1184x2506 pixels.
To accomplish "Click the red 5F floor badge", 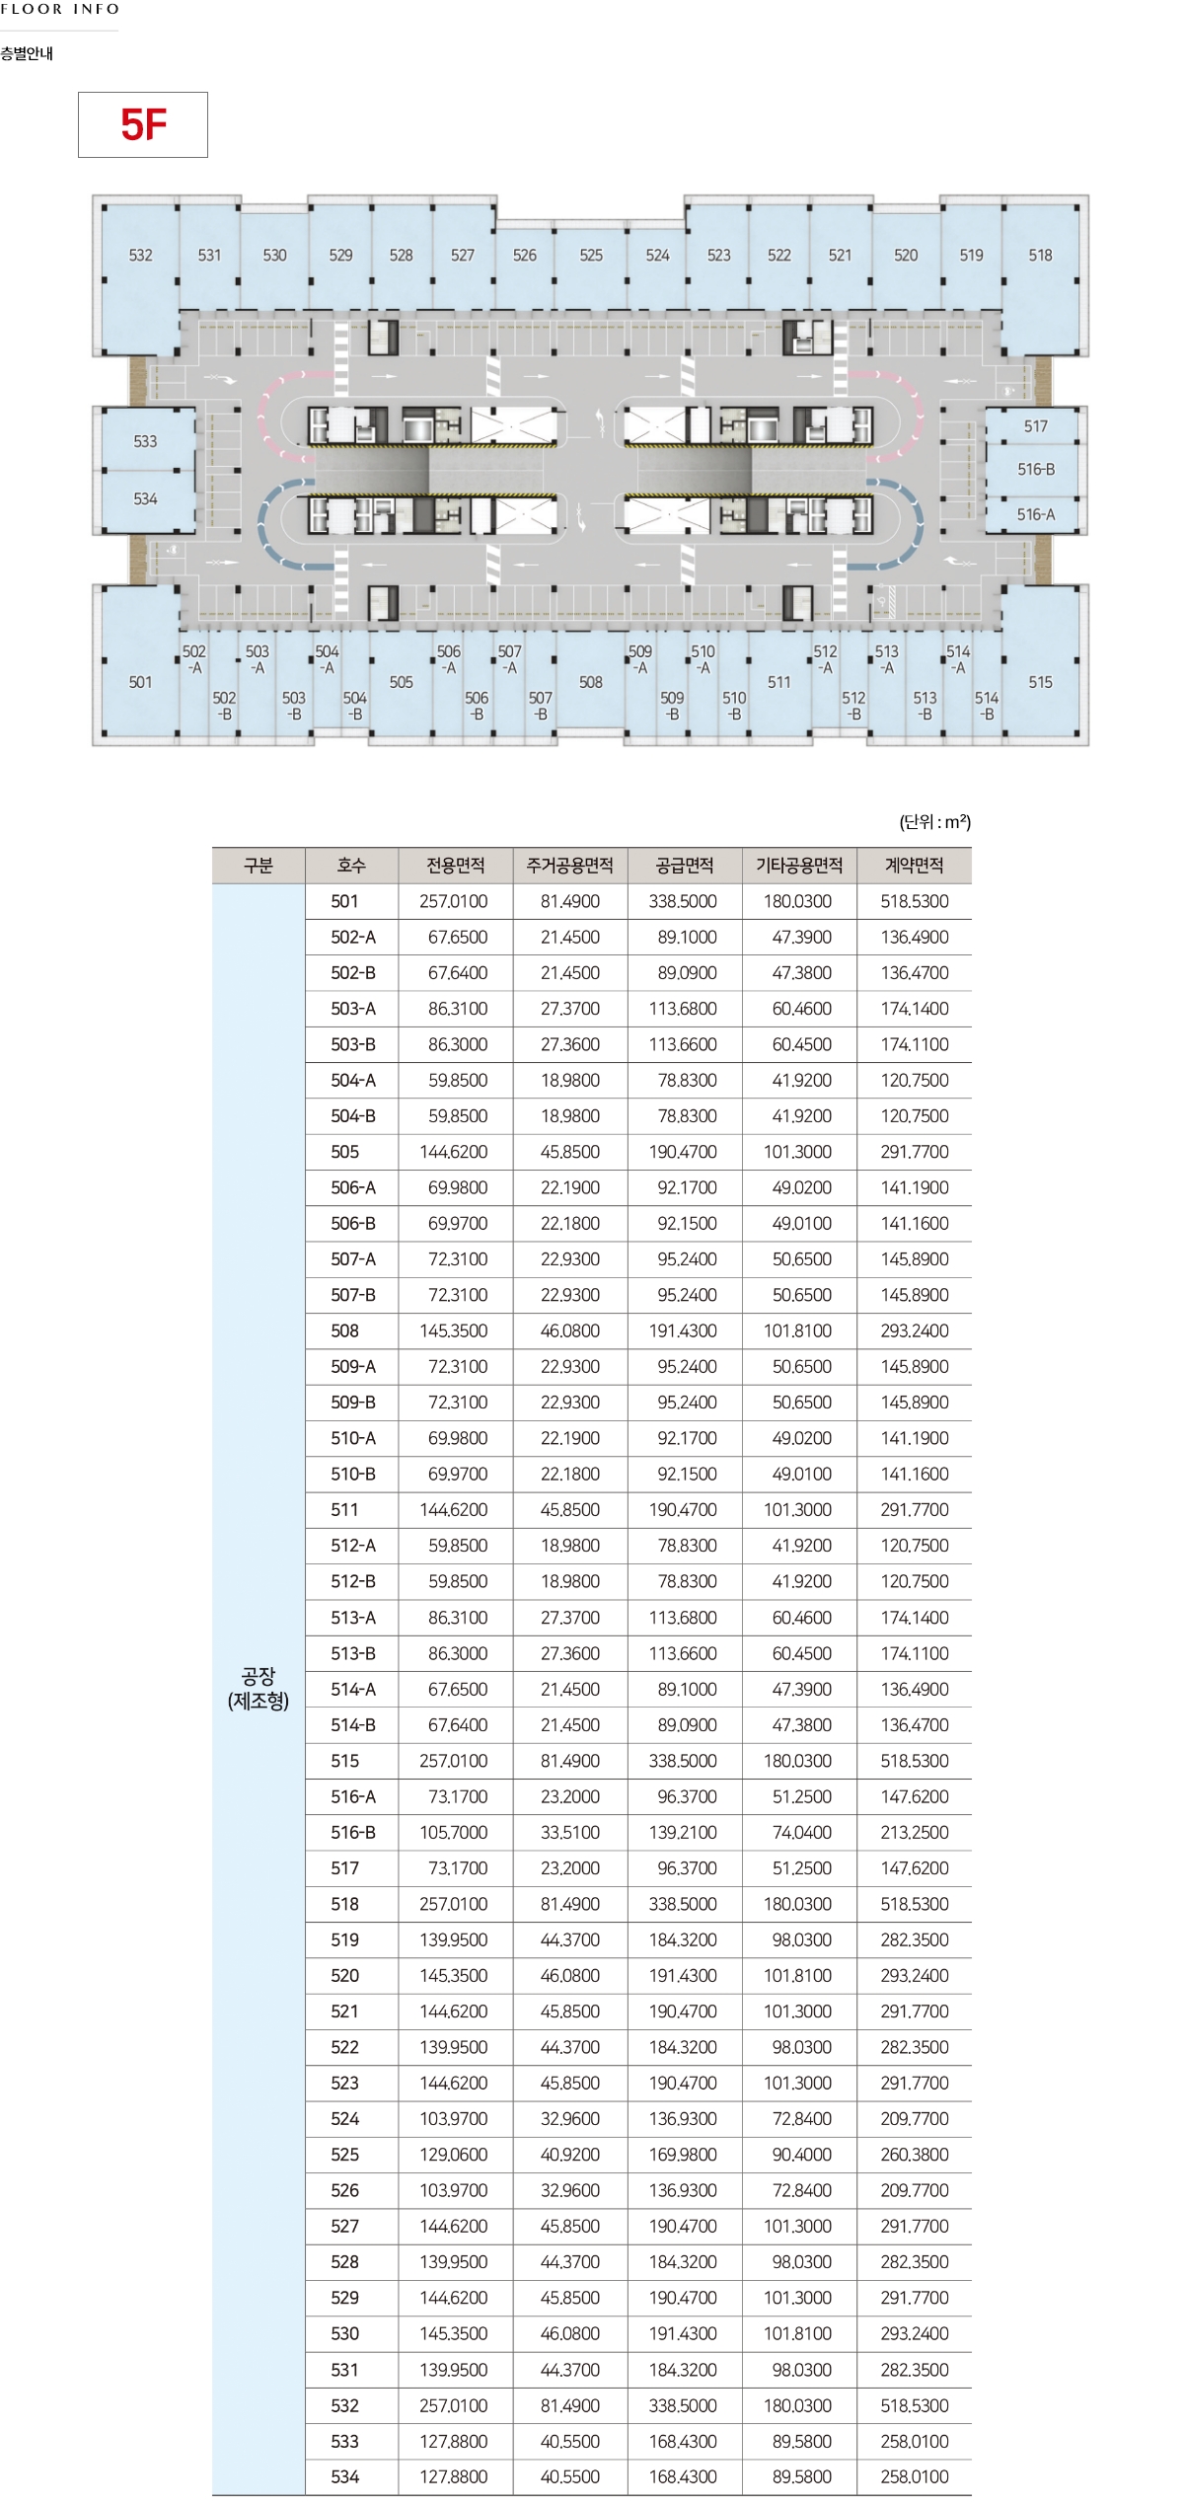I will pos(143,124).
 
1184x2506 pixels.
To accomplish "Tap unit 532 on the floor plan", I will pos(140,255).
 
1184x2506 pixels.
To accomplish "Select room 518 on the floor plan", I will pos(1040,255).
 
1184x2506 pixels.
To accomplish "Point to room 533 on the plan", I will pos(145,441).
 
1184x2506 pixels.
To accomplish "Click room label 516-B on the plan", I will pos(1035,470).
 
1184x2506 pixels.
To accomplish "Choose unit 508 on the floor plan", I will pos(590,682).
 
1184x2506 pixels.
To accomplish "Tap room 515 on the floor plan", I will pos(1040,682).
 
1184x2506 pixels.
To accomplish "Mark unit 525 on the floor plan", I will pos(590,255).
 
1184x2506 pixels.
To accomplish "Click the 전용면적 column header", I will pos(455,866).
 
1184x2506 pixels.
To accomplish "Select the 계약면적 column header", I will pos(914,866).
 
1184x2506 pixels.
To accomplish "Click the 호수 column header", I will pos(351,866).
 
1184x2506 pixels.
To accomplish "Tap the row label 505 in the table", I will pos(345,1152).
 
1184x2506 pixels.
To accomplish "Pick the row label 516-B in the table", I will pos(353,1832).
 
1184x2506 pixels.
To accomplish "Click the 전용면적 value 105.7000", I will pos(454,1832).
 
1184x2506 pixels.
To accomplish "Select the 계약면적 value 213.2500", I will pos(915,1832).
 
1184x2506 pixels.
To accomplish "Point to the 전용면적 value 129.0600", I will pos(454,2155).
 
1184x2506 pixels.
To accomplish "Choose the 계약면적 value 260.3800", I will pos(915,2155).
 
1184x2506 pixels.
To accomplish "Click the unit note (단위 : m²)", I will pos(934,822).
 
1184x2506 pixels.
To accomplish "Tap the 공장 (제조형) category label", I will pos(259,1688).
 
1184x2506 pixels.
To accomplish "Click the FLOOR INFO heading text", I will pos(60,9).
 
